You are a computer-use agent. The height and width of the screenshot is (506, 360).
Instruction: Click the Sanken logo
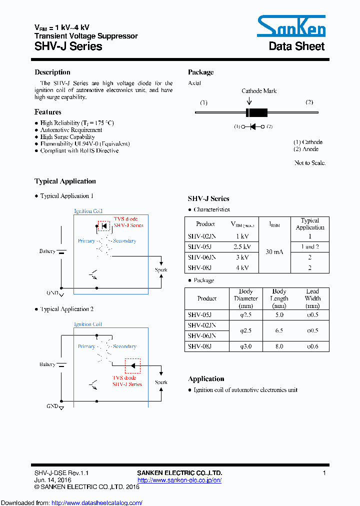[x=291, y=26]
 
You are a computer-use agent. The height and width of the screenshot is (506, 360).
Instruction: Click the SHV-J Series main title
[x=68, y=46]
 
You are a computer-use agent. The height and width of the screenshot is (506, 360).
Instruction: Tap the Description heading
[x=52, y=72]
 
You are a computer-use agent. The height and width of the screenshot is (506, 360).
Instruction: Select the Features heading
[x=48, y=112]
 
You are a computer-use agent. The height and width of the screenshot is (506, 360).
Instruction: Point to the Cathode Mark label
[x=259, y=91]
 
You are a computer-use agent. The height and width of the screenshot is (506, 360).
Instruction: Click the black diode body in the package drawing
[x=257, y=112]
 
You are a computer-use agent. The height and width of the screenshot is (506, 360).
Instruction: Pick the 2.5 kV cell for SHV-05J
[x=242, y=246]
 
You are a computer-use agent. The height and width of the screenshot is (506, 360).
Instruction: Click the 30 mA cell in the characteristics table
[x=275, y=252]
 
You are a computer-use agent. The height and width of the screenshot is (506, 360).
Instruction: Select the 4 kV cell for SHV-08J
[x=242, y=267]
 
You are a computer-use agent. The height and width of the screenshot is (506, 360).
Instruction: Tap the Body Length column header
[x=279, y=298]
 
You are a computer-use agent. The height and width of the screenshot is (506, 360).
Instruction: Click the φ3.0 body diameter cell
[x=245, y=346]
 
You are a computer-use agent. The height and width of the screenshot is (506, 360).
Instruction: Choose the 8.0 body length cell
[x=279, y=346]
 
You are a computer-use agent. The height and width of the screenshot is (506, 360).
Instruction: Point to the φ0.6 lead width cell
[x=312, y=346]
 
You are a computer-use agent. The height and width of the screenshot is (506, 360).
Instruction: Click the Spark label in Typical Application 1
[x=161, y=270]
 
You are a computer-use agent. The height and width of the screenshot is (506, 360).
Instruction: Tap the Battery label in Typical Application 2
[x=47, y=364]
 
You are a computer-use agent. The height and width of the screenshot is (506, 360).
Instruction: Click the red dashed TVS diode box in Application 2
[x=132, y=365]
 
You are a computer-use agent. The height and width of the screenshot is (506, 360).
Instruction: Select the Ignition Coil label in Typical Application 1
[x=88, y=211]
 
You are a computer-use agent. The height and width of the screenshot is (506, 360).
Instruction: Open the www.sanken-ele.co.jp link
[x=179, y=480]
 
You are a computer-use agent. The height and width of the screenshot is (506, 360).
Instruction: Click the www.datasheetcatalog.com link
[x=97, y=503]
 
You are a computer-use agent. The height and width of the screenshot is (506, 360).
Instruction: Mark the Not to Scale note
[x=310, y=163]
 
